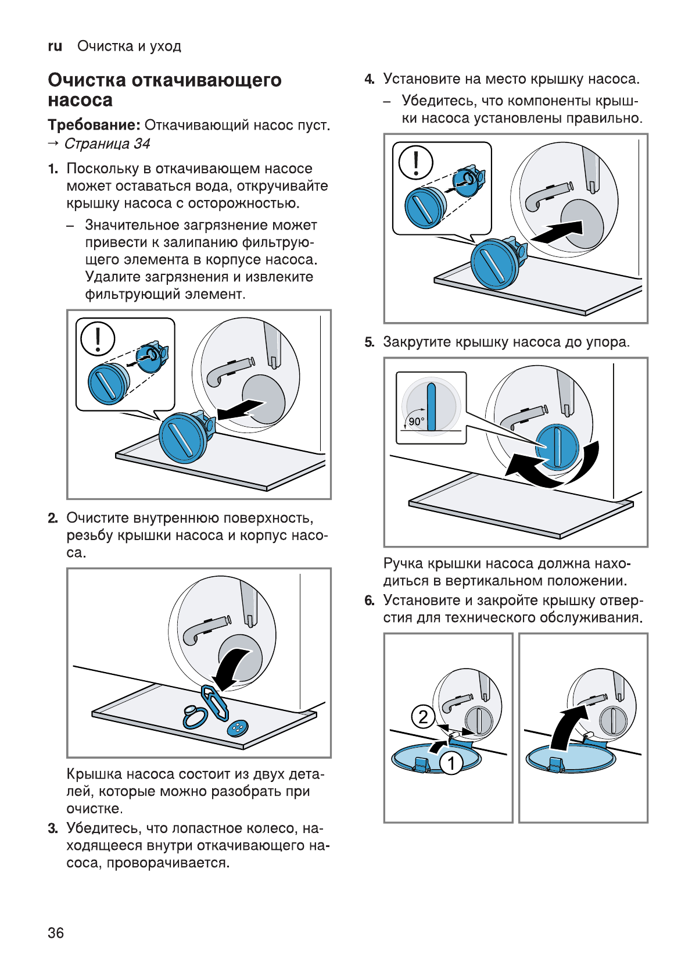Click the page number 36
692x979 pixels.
(x=56, y=932)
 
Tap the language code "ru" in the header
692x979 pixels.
(x=55, y=47)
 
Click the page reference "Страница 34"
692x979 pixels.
(x=107, y=144)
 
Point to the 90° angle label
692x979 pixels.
(x=416, y=421)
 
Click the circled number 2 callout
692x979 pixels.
(x=423, y=716)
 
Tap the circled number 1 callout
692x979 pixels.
(x=451, y=762)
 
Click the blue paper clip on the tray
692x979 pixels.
(x=214, y=702)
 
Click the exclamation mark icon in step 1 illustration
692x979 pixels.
(x=98, y=338)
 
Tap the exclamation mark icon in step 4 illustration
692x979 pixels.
(x=415, y=162)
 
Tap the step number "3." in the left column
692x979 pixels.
(x=53, y=828)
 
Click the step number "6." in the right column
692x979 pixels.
(x=370, y=601)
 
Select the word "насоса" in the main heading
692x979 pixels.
(x=80, y=100)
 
